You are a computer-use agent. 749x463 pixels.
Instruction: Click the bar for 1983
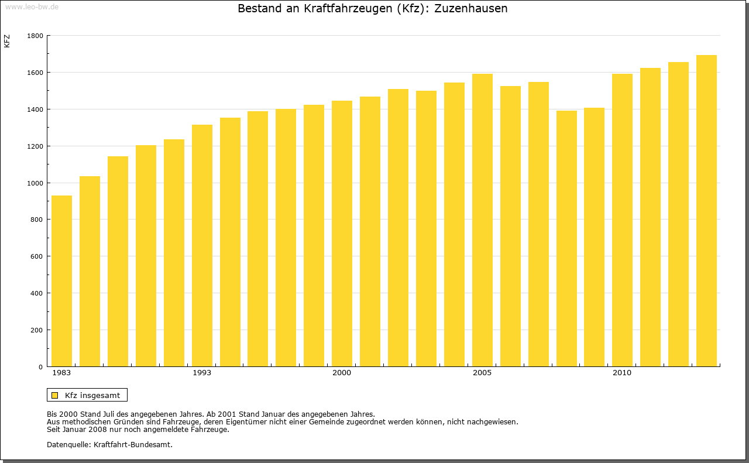coord(61,281)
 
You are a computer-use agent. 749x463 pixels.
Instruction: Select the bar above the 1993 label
coord(202,246)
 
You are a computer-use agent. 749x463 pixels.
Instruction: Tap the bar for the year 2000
coord(342,234)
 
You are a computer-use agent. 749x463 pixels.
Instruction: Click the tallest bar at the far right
coord(706,211)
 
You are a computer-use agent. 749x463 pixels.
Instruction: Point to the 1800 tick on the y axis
coord(35,36)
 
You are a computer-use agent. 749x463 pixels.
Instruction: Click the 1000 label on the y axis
coord(35,183)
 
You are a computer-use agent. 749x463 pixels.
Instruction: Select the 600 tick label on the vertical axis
coord(37,256)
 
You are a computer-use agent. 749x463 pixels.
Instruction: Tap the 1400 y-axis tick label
coord(35,109)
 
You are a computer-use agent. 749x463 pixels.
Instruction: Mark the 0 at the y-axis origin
coord(41,367)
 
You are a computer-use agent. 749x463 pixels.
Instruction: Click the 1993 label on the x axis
coord(202,373)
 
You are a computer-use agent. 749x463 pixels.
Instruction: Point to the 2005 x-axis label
coord(482,373)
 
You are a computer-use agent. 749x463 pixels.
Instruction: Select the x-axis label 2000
coord(342,373)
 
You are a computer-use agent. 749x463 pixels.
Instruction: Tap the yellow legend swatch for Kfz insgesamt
coord(54,395)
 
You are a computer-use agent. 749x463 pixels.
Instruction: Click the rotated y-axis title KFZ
coord(7,41)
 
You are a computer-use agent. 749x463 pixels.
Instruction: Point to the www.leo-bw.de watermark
coord(32,6)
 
